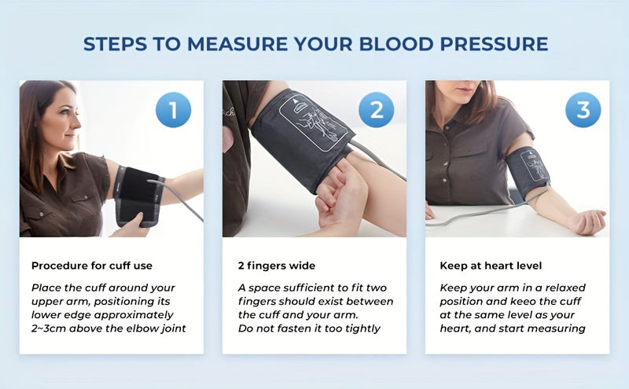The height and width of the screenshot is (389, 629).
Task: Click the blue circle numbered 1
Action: coord(173,110)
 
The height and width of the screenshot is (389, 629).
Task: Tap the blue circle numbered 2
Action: coord(377,110)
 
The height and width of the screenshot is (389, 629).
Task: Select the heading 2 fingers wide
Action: coord(277,266)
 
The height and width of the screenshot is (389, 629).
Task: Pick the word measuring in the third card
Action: coord(557,328)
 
